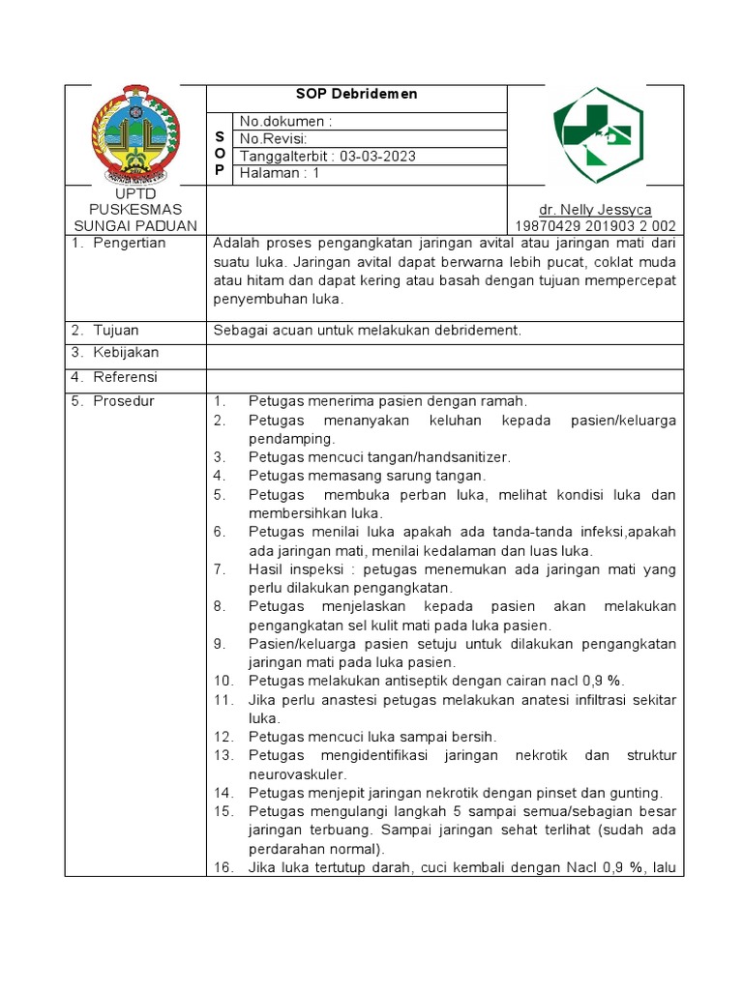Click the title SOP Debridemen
pyautogui.click(x=356, y=95)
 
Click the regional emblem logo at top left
pyautogui.click(x=135, y=134)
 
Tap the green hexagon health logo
pyautogui.click(x=597, y=135)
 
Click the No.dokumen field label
pyautogui.click(x=284, y=122)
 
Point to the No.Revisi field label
pyautogui.click(x=274, y=139)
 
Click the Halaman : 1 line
pyautogui.click(x=279, y=174)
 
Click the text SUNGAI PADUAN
pyautogui.click(x=135, y=226)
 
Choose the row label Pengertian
pyautogui.click(x=131, y=244)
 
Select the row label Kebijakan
pyautogui.click(x=126, y=353)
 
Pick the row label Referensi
pyautogui.click(x=126, y=377)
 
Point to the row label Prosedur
pyautogui.click(x=124, y=401)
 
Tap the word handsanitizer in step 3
pyautogui.click(x=457, y=457)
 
